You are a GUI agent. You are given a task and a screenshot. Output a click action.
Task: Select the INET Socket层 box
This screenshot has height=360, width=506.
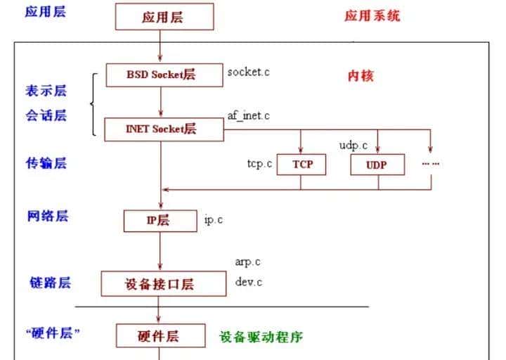pyautogui.click(x=161, y=129)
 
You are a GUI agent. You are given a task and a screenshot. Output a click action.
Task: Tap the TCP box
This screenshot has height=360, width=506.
pyautogui.click(x=302, y=165)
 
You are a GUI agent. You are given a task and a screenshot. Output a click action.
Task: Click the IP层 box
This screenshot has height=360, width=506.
pyautogui.click(x=158, y=220)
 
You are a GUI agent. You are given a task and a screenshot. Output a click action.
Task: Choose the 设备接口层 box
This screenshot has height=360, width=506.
pyautogui.click(x=160, y=284)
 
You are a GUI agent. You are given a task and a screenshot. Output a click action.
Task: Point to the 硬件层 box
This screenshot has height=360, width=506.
pyautogui.click(x=158, y=336)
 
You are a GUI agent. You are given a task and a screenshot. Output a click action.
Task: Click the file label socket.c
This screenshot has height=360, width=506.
pyautogui.click(x=248, y=72)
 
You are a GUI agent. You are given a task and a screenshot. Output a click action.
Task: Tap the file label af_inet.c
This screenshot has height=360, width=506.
pyautogui.click(x=247, y=115)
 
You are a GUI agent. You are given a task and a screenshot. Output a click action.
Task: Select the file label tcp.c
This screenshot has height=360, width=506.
pyautogui.click(x=259, y=164)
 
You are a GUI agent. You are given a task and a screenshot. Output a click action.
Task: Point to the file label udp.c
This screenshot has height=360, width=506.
pyautogui.click(x=353, y=146)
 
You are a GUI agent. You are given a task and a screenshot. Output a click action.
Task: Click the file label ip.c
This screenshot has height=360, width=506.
pyautogui.click(x=214, y=220)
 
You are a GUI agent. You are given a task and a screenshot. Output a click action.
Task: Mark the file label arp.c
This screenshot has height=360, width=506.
pyautogui.click(x=247, y=262)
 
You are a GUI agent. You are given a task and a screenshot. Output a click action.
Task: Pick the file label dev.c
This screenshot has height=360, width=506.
pyautogui.click(x=247, y=282)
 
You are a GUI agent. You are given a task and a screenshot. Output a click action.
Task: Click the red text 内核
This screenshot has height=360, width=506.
pyautogui.click(x=361, y=76)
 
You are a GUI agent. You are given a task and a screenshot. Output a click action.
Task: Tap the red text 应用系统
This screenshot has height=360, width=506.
pyautogui.click(x=372, y=15)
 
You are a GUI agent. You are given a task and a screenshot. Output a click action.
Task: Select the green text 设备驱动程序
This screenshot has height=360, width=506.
pyautogui.click(x=261, y=337)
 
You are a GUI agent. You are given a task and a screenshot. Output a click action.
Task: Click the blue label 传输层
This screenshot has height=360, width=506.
pyautogui.click(x=46, y=163)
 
